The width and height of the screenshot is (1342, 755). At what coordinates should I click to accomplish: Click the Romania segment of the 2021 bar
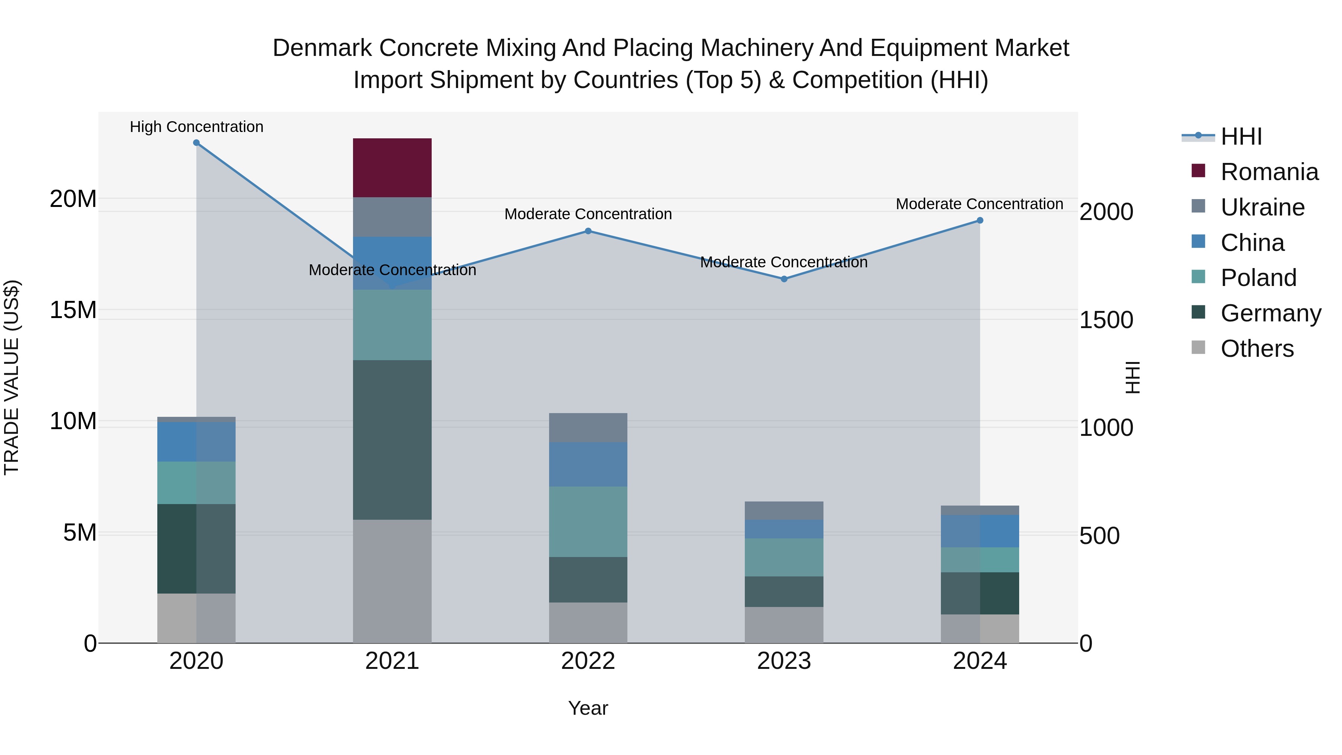(392, 167)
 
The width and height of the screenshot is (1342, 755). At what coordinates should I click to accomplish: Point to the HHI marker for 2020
(196, 143)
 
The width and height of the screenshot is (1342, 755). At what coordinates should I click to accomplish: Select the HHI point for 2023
(784, 279)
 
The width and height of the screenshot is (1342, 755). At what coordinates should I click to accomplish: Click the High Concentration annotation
(196, 127)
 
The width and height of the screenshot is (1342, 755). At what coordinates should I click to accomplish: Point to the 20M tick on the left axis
(73, 198)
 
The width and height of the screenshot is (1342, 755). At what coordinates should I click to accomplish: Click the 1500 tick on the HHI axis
(1106, 320)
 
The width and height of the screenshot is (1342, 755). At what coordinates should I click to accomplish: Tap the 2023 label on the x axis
(784, 661)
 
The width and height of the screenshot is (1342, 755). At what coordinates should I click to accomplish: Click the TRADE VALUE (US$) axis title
(12, 377)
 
